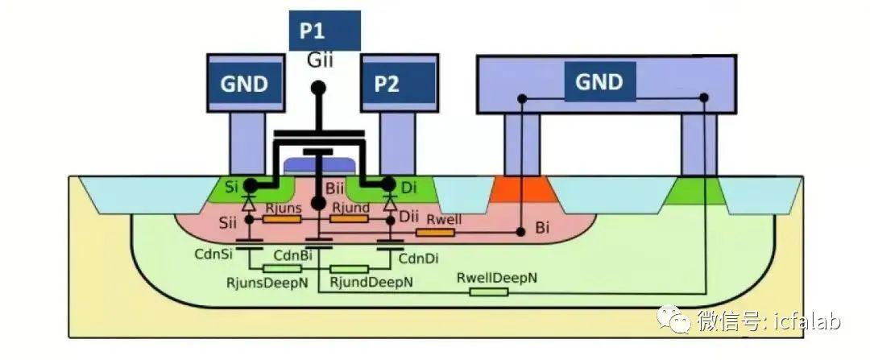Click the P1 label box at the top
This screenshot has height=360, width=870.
pyautogui.click(x=325, y=31)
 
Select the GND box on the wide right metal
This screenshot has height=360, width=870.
pyautogui.click(x=600, y=82)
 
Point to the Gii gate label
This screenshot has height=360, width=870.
pyautogui.click(x=320, y=60)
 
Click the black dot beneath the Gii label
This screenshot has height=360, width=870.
pyautogui.click(x=318, y=88)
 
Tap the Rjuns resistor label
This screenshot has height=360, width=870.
pyautogui.click(x=284, y=208)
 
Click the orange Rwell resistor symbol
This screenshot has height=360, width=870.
pyautogui.click(x=436, y=232)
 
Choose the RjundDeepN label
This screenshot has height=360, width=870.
pyautogui.click(x=371, y=283)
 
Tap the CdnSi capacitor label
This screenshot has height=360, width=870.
pyautogui.click(x=213, y=254)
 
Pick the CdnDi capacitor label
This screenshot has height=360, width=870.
pyautogui.click(x=420, y=258)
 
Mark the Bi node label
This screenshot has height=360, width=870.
pyautogui.click(x=543, y=228)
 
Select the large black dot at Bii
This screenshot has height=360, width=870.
pyautogui.click(x=318, y=203)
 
